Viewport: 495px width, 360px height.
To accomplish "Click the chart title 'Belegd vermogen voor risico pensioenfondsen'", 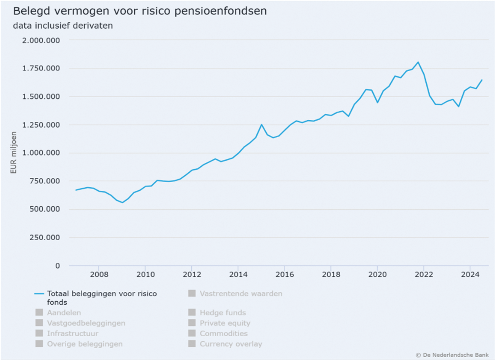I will tap(140, 11).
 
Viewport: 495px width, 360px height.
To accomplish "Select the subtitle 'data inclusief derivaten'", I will tap(63, 26).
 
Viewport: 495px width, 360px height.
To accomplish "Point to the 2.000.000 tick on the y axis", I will tap(41, 40).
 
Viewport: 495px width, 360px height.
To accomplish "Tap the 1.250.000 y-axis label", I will tap(41, 125).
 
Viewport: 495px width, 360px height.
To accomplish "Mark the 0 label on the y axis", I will tap(58, 265).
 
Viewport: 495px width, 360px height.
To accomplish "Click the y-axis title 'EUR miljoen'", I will tap(14, 153).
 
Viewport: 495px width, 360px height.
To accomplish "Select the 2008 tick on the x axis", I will tap(99, 275).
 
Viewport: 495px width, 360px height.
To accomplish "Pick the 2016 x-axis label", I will tap(285, 275).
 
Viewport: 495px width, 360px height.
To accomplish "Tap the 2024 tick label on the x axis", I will tap(470, 275).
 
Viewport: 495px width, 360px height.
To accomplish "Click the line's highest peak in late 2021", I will tap(418, 62).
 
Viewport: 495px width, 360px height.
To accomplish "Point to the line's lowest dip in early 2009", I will tap(122, 202).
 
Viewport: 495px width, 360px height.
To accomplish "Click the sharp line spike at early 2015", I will tap(261, 124).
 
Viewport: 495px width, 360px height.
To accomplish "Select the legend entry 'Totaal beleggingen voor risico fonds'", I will tap(102, 297).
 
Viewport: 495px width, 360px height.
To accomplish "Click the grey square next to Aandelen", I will tap(39, 312).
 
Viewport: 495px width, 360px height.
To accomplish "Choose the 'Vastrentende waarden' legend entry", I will tap(241, 294).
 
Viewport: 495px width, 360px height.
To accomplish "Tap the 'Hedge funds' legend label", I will tap(223, 313).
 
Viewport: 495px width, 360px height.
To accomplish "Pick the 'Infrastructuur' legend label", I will tap(72, 333).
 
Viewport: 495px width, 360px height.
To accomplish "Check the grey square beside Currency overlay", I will tap(192, 344).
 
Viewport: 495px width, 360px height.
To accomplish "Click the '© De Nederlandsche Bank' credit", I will tap(452, 355).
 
